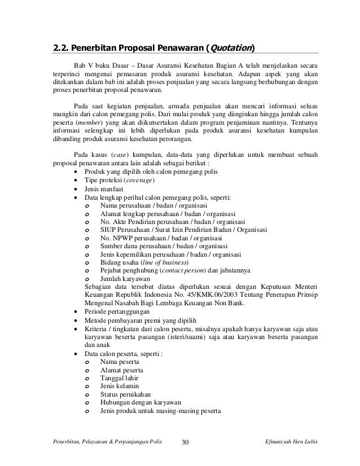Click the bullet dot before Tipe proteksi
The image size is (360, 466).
click(x=76, y=181)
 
